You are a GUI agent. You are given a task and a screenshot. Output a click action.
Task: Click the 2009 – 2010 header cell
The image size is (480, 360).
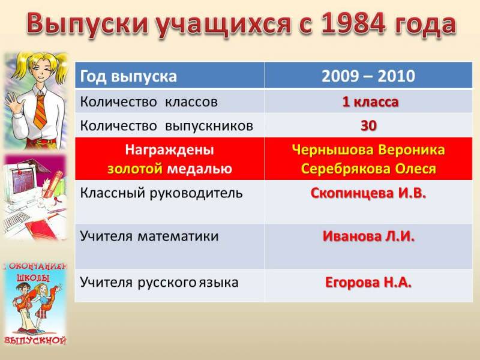368,76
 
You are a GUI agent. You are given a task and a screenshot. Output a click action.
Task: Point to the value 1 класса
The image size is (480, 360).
370,102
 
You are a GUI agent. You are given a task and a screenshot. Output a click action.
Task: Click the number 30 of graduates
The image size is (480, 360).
368,125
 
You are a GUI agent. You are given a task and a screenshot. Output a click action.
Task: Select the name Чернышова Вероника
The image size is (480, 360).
368,149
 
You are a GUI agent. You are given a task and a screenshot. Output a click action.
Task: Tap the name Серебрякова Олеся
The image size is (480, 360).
368,169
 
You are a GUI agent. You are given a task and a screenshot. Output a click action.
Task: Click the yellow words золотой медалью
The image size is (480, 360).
170,169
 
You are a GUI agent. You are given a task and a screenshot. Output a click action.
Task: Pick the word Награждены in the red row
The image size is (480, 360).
170,150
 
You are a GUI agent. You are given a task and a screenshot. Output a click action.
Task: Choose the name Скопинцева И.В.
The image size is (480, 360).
368,193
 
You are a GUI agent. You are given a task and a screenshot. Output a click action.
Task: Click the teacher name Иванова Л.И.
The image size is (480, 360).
368,236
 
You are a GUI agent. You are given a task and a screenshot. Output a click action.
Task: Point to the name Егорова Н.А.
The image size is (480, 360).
368,282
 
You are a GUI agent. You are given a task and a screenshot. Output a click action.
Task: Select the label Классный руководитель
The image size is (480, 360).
161,193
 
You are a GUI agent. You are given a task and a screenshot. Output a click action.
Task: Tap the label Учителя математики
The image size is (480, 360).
149,236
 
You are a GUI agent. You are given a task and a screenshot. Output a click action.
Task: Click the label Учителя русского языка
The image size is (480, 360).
159,282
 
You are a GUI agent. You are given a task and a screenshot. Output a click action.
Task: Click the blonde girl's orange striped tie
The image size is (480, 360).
40,112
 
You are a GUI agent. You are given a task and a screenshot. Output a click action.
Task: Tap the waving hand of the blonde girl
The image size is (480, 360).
13,102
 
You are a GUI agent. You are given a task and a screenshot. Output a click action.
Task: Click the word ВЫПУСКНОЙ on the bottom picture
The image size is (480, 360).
35,340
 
